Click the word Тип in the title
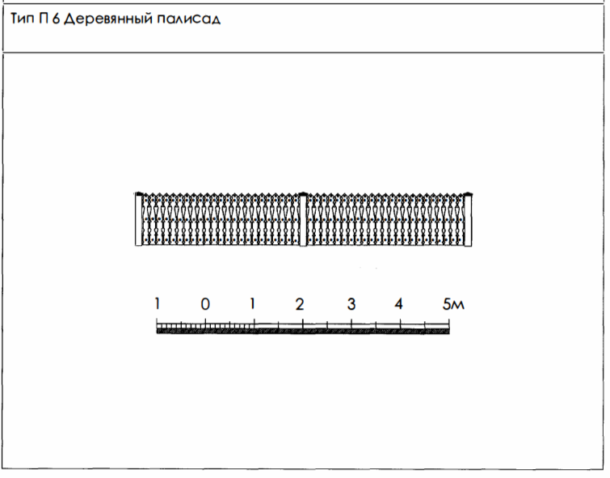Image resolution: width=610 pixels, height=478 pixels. click(22, 19)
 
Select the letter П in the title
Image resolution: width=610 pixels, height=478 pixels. click(44, 19)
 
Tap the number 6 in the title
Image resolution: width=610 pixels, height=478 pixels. click(56, 19)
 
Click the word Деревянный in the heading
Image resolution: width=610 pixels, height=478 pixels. click(108, 19)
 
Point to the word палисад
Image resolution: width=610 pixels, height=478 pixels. click(189, 19)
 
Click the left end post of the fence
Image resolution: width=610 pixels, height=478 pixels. click(138, 219)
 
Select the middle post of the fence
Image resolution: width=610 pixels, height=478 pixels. click(303, 219)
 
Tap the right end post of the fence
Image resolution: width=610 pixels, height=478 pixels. click(468, 219)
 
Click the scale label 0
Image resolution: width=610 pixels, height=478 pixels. click(205, 304)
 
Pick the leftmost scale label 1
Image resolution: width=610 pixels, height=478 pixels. click(158, 303)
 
